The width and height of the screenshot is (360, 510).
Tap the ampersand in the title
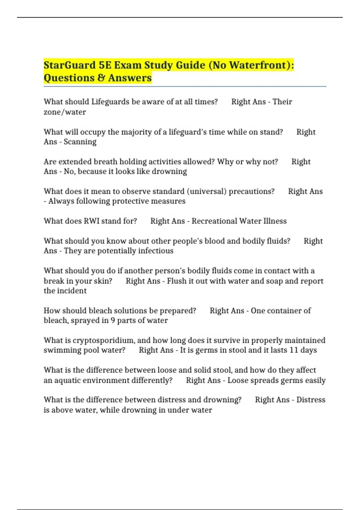[x=101, y=78]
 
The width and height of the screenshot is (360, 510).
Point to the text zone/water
[x=65, y=112]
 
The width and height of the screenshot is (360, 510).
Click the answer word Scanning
[x=80, y=142]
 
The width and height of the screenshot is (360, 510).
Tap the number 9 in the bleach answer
[x=113, y=320]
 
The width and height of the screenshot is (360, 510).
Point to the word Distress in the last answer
[x=311, y=400]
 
